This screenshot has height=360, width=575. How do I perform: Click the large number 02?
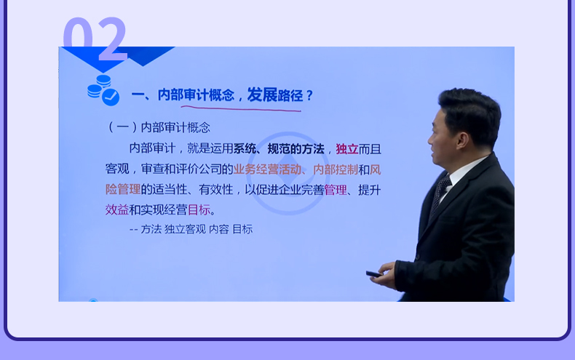click(95, 39)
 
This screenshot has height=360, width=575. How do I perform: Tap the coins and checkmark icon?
click(103, 90)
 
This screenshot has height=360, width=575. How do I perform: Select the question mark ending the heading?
click(309, 96)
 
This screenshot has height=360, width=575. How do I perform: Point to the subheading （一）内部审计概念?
click(159, 127)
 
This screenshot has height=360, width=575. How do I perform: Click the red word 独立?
click(347, 149)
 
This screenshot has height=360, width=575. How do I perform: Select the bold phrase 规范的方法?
click(296, 149)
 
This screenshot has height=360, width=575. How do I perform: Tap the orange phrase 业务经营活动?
click(267, 169)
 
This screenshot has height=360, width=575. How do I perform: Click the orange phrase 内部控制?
click(336, 169)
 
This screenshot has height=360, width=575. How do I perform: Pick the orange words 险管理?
click(123, 190)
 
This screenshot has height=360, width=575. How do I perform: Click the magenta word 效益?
click(117, 209)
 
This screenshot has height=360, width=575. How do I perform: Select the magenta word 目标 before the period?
click(199, 209)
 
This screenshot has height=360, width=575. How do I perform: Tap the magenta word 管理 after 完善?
click(336, 190)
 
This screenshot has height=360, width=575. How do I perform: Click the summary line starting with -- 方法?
click(191, 229)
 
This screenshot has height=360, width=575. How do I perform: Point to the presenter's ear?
click(461, 140)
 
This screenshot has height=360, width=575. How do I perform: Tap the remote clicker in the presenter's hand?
click(374, 274)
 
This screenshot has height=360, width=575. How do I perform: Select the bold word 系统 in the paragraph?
click(245, 149)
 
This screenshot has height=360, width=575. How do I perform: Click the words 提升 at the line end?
click(370, 190)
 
